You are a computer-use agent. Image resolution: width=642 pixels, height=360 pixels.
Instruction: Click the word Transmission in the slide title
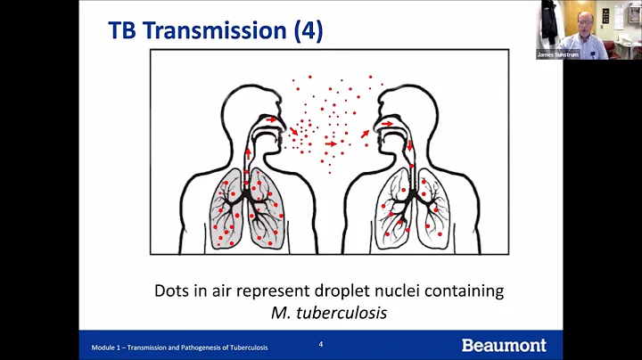pos(215,30)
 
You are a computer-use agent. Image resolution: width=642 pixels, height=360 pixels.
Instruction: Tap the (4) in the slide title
pos(307,30)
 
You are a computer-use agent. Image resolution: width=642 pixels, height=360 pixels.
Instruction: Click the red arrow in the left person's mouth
pos(270,119)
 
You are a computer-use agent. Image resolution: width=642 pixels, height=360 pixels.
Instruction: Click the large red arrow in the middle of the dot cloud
pos(331,143)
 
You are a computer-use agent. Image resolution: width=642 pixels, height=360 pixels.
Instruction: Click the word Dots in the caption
pos(172,290)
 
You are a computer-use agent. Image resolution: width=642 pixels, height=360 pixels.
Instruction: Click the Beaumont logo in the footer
pos(504,345)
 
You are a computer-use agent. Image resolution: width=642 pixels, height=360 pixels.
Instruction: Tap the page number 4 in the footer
pos(321,343)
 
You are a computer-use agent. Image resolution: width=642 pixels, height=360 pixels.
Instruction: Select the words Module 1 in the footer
pos(109,347)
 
